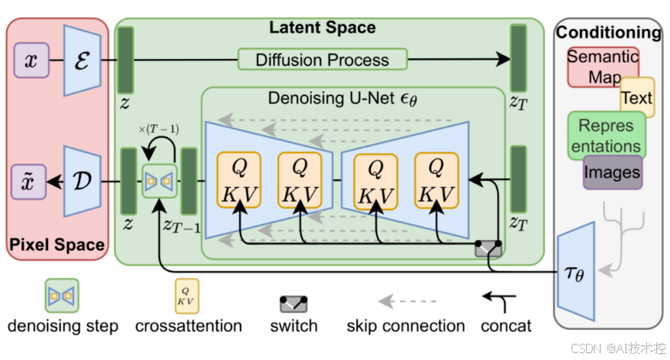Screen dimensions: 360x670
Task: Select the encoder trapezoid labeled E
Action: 82,60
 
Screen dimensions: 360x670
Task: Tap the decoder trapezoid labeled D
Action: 82,182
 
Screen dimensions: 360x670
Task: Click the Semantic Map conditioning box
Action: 602,67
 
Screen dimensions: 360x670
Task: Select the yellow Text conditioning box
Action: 637,98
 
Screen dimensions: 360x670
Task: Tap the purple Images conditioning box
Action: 612,172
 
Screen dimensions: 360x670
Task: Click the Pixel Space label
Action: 57,245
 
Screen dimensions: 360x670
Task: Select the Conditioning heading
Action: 609,33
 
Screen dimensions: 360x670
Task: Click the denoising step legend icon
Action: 62,295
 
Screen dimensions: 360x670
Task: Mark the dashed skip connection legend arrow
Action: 404,300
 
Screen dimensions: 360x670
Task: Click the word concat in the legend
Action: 505,326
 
